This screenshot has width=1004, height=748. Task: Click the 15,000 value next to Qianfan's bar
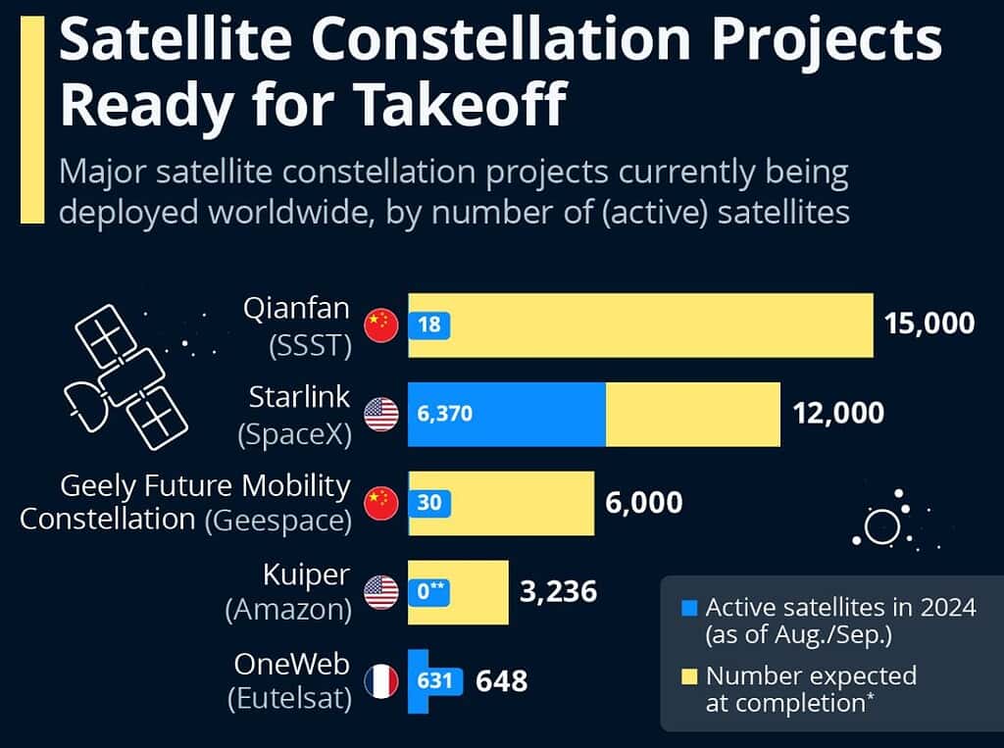coord(929,324)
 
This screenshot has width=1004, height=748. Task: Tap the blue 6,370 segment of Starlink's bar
coord(506,414)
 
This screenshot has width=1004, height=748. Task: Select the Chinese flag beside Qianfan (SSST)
coord(380,324)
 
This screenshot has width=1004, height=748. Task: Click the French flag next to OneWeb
coord(380,680)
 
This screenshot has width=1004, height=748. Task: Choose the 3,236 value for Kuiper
coord(557,592)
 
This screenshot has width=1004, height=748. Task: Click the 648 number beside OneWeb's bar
coord(501,680)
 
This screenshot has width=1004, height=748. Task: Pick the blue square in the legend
coord(689,608)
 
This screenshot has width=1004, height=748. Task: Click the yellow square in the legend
coord(689,675)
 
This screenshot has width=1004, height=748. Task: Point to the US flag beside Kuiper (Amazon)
coord(380,591)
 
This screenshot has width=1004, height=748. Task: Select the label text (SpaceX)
coord(294,433)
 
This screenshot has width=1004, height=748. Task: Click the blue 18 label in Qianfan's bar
coord(428,324)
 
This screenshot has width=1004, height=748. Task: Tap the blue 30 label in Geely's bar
coord(428,503)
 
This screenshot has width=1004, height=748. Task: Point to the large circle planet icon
coord(881,527)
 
